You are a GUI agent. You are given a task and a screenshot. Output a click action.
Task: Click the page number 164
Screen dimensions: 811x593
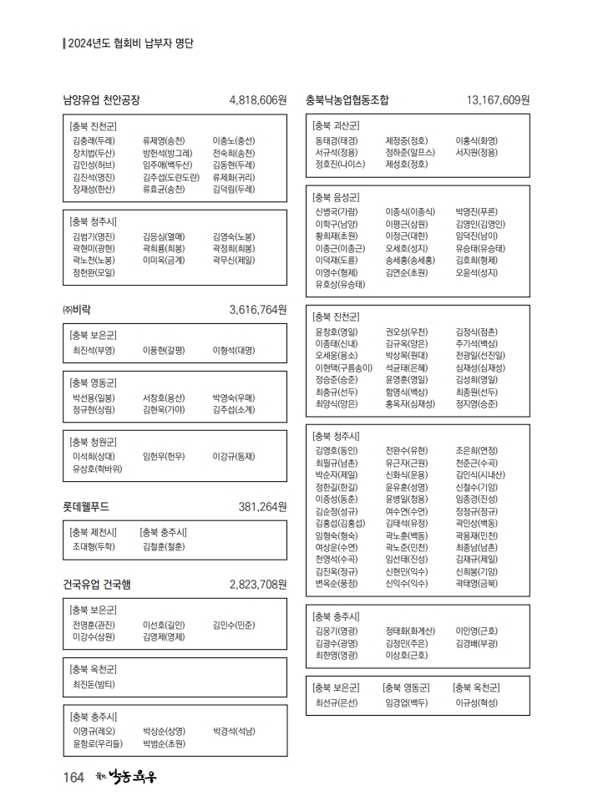(73, 778)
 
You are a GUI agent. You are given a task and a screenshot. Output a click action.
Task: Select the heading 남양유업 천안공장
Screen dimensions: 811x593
(101, 100)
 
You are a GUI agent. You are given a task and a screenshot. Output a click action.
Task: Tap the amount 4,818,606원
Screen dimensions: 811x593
(257, 100)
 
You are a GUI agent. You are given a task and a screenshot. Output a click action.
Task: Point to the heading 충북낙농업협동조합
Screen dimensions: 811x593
(347, 100)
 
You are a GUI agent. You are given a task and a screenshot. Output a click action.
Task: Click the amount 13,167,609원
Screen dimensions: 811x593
(498, 100)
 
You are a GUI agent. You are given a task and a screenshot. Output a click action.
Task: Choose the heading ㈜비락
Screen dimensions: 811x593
(77, 309)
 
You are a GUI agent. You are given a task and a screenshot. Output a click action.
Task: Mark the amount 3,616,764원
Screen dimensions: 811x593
(257, 309)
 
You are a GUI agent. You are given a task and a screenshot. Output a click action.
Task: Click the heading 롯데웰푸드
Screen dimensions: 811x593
(86, 506)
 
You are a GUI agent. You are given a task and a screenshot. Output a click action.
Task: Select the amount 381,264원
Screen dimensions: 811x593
(262, 506)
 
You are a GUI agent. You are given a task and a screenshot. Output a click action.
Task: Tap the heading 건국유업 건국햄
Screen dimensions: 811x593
(97, 584)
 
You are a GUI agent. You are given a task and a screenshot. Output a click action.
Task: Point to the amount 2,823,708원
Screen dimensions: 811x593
(257, 584)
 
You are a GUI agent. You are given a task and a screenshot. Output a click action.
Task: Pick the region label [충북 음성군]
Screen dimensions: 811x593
(335, 197)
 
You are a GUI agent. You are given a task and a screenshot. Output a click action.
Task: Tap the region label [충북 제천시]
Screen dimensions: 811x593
(94, 532)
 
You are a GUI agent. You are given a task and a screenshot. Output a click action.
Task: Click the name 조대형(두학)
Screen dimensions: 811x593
(94, 546)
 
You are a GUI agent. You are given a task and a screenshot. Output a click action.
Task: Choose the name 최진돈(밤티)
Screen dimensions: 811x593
(94, 684)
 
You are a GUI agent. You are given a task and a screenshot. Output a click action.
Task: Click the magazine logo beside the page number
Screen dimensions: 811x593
(125, 777)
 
